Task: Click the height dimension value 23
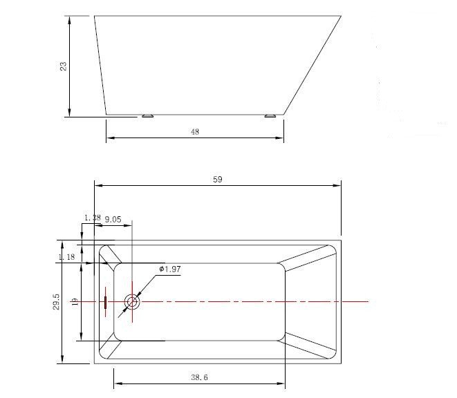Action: [63, 66]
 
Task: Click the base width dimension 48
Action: [194, 132]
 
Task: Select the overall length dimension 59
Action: [218, 179]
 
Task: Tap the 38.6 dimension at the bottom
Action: [200, 377]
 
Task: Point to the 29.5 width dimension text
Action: [56, 302]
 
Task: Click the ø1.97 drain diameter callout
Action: [169, 269]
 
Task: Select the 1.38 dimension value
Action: [92, 218]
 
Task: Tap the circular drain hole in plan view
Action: [131, 302]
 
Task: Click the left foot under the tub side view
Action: [147, 116]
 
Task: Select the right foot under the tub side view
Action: [270, 116]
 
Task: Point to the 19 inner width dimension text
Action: [75, 302]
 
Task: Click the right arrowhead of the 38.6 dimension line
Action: [282, 383]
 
